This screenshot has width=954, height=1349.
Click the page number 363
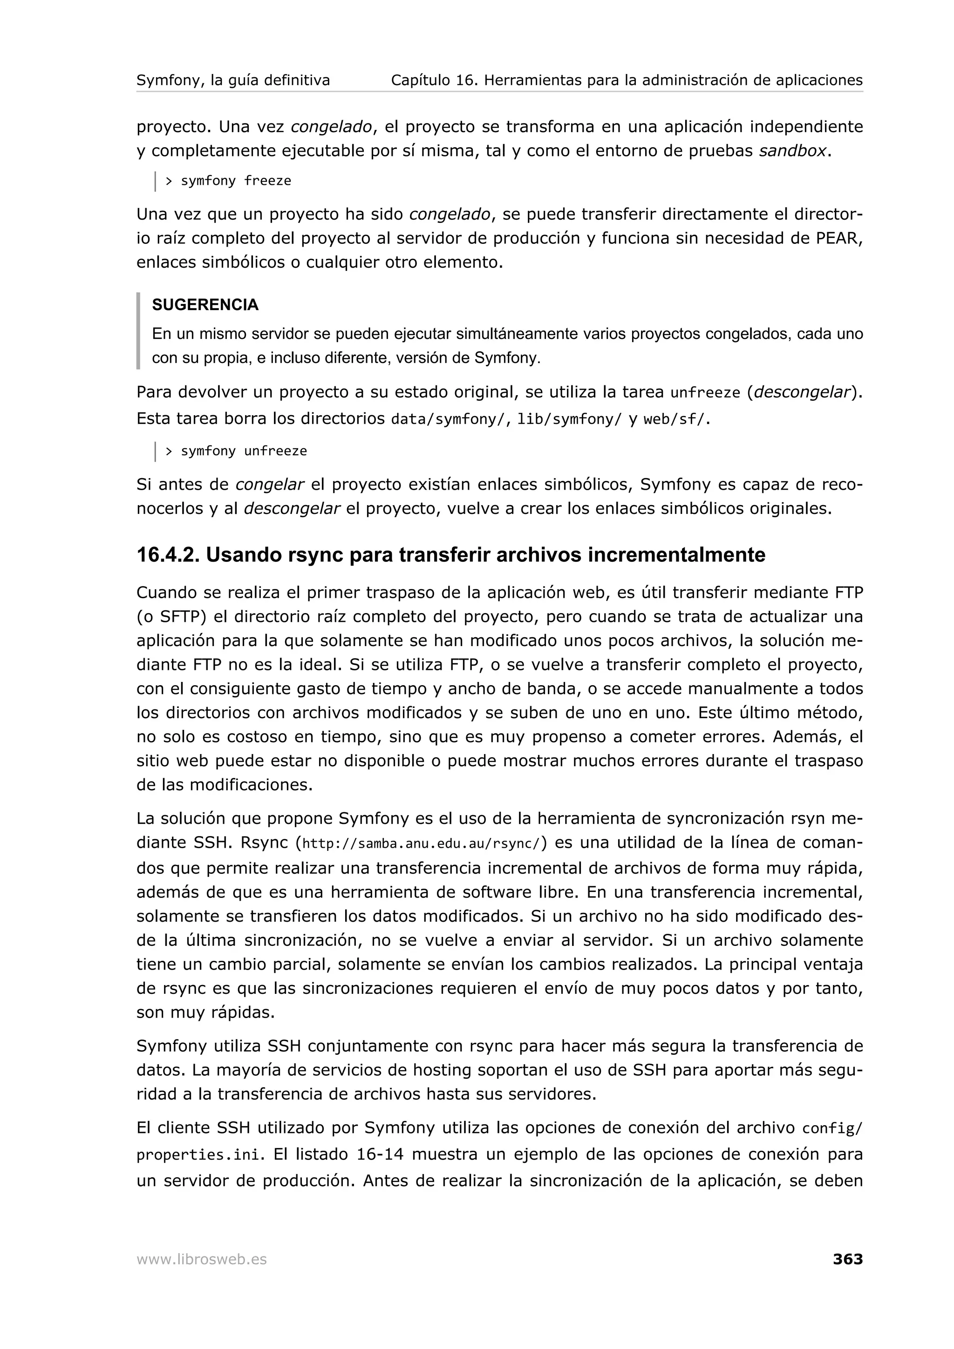(848, 1259)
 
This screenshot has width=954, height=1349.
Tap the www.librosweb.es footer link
(202, 1260)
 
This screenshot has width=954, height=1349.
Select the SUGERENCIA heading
(205, 305)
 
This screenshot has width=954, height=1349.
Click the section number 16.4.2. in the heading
(168, 555)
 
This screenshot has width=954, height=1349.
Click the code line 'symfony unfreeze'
(243, 451)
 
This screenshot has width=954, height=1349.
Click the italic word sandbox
(792, 151)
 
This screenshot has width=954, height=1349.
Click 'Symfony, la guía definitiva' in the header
(233, 80)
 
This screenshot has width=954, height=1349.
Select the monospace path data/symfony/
(447, 419)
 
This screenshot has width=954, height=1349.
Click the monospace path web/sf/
(673, 419)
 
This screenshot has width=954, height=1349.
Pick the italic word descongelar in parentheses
(802, 392)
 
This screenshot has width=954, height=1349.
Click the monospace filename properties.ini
(197, 1155)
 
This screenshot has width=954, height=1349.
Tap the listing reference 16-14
(380, 1154)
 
